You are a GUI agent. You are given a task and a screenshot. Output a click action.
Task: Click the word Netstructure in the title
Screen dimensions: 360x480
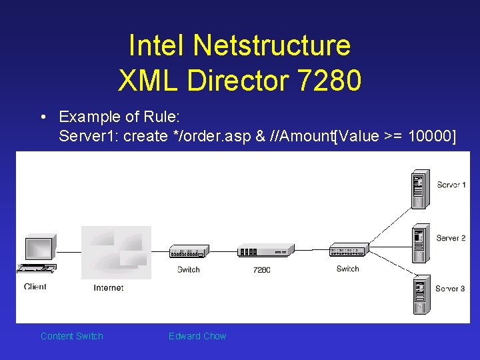[x=271, y=46]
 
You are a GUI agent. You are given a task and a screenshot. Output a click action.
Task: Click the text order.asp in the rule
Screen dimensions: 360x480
[x=213, y=137]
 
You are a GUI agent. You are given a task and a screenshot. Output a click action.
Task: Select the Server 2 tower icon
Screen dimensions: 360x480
[x=419, y=243]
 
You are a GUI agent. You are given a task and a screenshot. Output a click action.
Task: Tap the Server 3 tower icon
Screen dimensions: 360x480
[x=419, y=293]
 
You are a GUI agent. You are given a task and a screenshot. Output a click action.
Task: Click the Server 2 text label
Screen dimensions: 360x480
[x=451, y=238]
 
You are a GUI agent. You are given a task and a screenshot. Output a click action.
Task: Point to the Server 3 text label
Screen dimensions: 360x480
[x=451, y=289]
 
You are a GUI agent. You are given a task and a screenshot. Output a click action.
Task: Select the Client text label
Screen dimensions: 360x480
[x=35, y=287]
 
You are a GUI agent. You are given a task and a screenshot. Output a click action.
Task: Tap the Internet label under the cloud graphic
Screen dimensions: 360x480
[x=108, y=288]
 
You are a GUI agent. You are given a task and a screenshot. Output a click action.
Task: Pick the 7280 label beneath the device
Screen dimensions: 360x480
[x=261, y=270]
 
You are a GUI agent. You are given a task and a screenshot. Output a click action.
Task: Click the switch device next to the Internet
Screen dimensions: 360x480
[x=189, y=251]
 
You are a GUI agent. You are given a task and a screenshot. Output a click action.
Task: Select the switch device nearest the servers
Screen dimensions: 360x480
[x=348, y=251]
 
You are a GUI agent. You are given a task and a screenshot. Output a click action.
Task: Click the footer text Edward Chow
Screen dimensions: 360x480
[x=197, y=336]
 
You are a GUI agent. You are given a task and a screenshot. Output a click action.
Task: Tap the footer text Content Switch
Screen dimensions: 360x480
[x=72, y=336]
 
